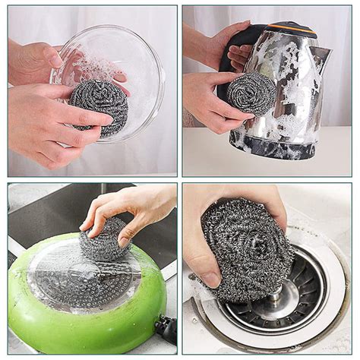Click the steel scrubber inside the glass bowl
(99, 106)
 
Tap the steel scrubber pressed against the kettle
(251, 93)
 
